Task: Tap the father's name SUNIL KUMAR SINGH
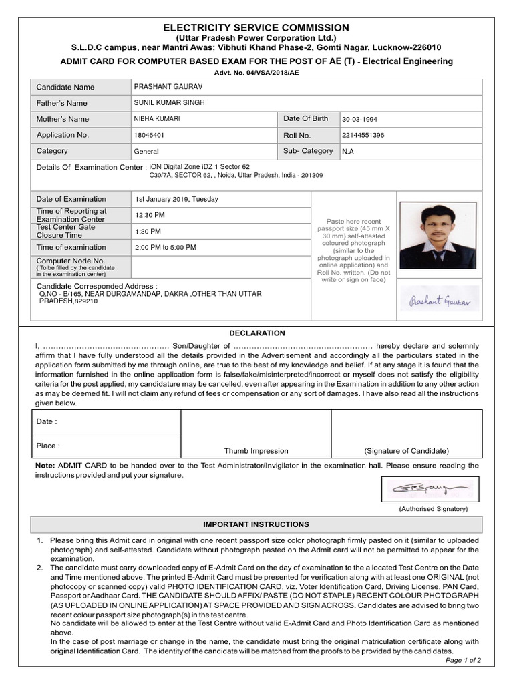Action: point(170,102)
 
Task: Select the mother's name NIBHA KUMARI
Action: point(157,119)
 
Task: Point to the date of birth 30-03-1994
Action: point(359,119)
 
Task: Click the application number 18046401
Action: point(149,135)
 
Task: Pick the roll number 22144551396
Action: point(363,135)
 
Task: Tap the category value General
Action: point(146,152)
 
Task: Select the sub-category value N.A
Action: point(348,152)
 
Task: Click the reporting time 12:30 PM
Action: point(150,215)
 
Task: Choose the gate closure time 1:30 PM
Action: point(148,231)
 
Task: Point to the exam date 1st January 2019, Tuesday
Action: point(176,199)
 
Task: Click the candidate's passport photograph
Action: point(438,236)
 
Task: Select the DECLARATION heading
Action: point(257,333)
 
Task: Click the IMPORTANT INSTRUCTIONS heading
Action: point(256,524)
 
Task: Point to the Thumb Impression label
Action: point(256,451)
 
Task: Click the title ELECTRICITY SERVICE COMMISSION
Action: point(256,27)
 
